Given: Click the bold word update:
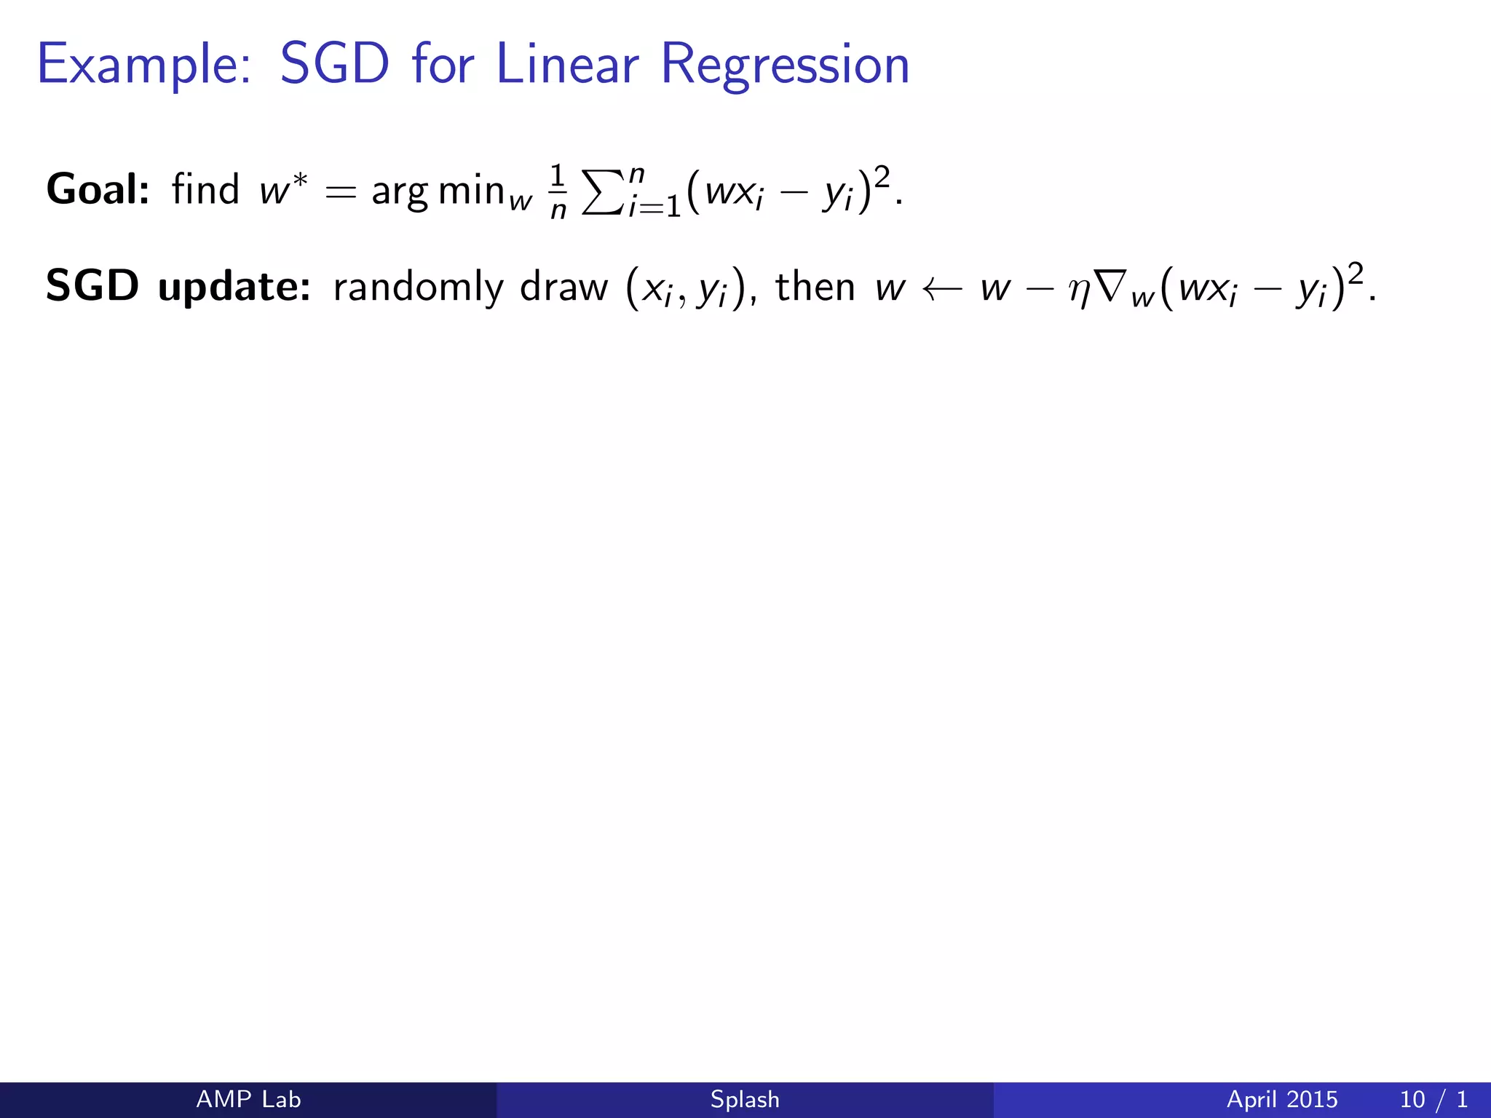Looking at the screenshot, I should [x=234, y=287].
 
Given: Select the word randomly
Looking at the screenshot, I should [x=418, y=287].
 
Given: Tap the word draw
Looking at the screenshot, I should [x=563, y=287].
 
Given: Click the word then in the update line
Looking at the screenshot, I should [x=815, y=285].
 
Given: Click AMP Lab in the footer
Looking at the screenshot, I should [x=248, y=1099].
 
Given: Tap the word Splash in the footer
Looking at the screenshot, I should [x=745, y=1099].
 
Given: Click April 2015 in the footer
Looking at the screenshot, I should [x=1282, y=1099].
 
